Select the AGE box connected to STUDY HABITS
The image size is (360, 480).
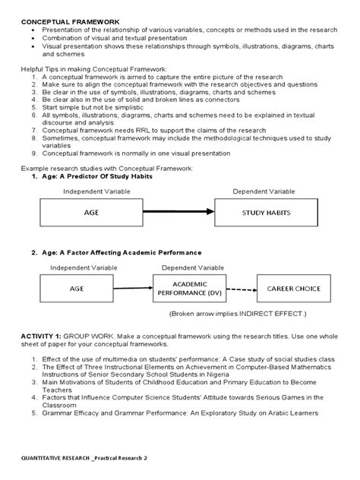(x=92, y=213)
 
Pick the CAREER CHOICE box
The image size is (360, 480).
(x=293, y=288)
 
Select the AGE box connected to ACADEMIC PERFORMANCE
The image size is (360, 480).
(x=77, y=288)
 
